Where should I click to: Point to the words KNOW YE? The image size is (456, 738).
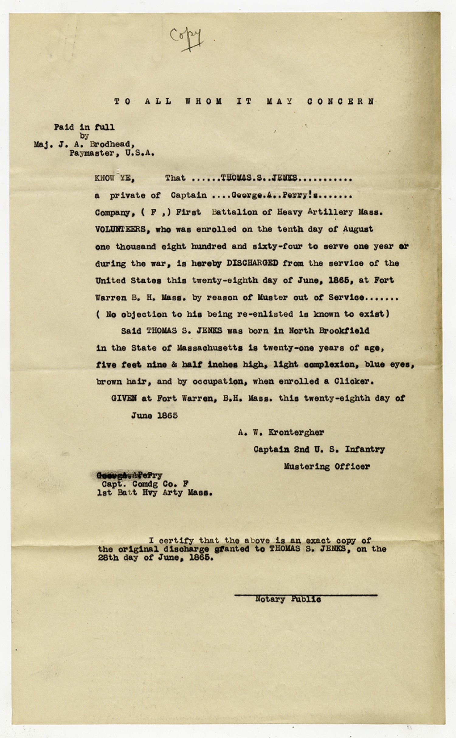(115, 178)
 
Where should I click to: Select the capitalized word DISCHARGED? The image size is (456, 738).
(252, 263)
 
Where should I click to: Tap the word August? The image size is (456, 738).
(358, 229)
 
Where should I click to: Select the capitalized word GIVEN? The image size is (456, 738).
(124, 398)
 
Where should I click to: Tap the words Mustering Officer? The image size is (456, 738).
(326, 466)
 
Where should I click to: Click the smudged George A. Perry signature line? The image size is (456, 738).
(129, 475)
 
